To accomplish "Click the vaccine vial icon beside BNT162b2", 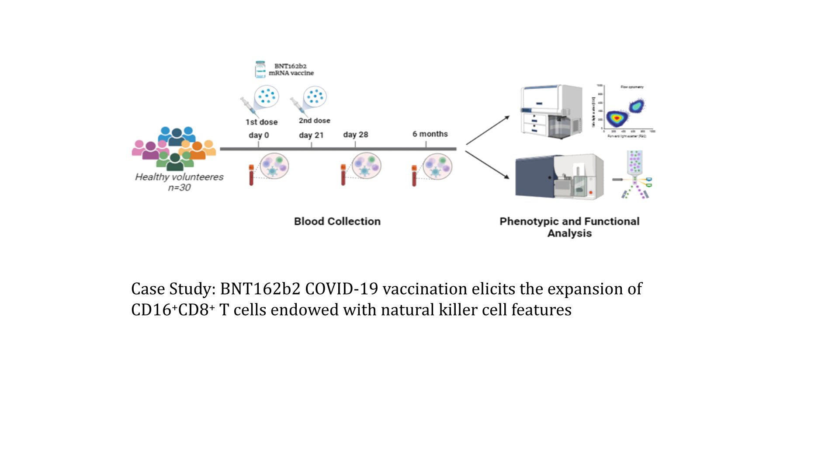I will click(x=260, y=69).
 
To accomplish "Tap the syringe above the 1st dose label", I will click(x=247, y=105).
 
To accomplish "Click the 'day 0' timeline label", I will click(x=259, y=135).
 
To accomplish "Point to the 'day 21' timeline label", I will click(x=311, y=135).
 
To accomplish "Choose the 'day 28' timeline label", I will click(x=355, y=135).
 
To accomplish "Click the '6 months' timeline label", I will click(x=430, y=134).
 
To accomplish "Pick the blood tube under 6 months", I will click(x=414, y=176).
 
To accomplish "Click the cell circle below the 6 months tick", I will click(x=437, y=167).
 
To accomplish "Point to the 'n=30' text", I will click(x=179, y=187).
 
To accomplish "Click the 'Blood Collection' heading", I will click(x=337, y=222).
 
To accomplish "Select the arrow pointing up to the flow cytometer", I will click(x=488, y=130).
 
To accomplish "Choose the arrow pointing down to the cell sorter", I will click(x=487, y=165).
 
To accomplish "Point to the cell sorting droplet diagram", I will click(x=635, y=175).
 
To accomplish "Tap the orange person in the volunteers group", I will click(x=198, y=151).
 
